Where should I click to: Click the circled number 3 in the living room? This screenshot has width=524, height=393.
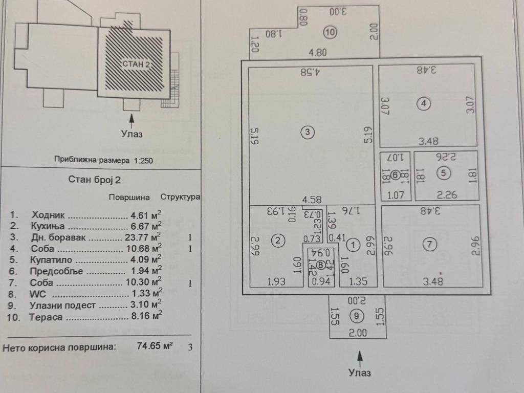click(308, 132)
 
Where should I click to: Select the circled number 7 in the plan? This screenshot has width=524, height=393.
click(430, 244)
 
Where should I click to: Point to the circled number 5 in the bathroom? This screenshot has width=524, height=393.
click(444, 173)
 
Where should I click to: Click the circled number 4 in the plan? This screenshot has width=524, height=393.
click(423, 103)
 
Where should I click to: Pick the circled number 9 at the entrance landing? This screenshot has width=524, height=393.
click(357, 316)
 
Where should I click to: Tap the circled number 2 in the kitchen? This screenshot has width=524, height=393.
click(278, 241)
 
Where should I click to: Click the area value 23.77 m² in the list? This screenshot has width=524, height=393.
click(143, 237)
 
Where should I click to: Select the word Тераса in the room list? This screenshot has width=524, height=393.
click(46, 317)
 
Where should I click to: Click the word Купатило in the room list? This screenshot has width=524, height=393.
click(51, 259)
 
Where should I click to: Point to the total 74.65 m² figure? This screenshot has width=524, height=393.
click(155, 345)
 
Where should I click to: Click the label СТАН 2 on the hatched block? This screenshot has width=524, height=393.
click(136, 64)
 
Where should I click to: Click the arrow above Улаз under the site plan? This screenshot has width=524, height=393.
click(132, 121)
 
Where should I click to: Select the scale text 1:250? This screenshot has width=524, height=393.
click(143, 160)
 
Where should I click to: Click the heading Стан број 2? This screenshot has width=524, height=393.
click(95, 180)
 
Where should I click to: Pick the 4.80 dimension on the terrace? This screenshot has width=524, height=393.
click(317, 53)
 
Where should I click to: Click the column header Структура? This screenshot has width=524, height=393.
click(180, 197)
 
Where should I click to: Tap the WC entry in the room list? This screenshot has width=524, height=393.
click(38, 294)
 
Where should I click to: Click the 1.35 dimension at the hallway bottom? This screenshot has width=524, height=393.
click(358, 281)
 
